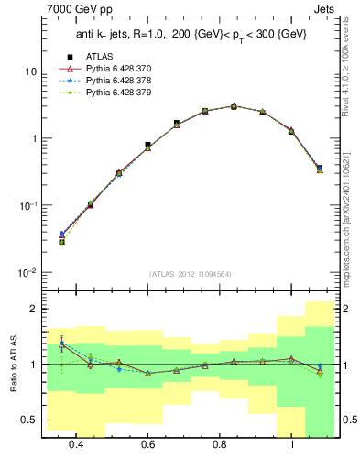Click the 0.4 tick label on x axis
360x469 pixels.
[76, 444]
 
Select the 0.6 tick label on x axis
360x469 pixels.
[148, 444]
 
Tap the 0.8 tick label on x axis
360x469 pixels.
[220, 444]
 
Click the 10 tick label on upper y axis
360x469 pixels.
[30, 71]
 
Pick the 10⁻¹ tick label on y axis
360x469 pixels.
[27, 206]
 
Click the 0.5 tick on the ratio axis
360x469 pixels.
[30, 420]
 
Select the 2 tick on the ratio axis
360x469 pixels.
[34, 310]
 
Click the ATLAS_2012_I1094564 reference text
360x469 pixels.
[190, 273]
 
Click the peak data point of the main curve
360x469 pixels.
[234, 106]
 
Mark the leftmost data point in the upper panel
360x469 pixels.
[61, 241]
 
